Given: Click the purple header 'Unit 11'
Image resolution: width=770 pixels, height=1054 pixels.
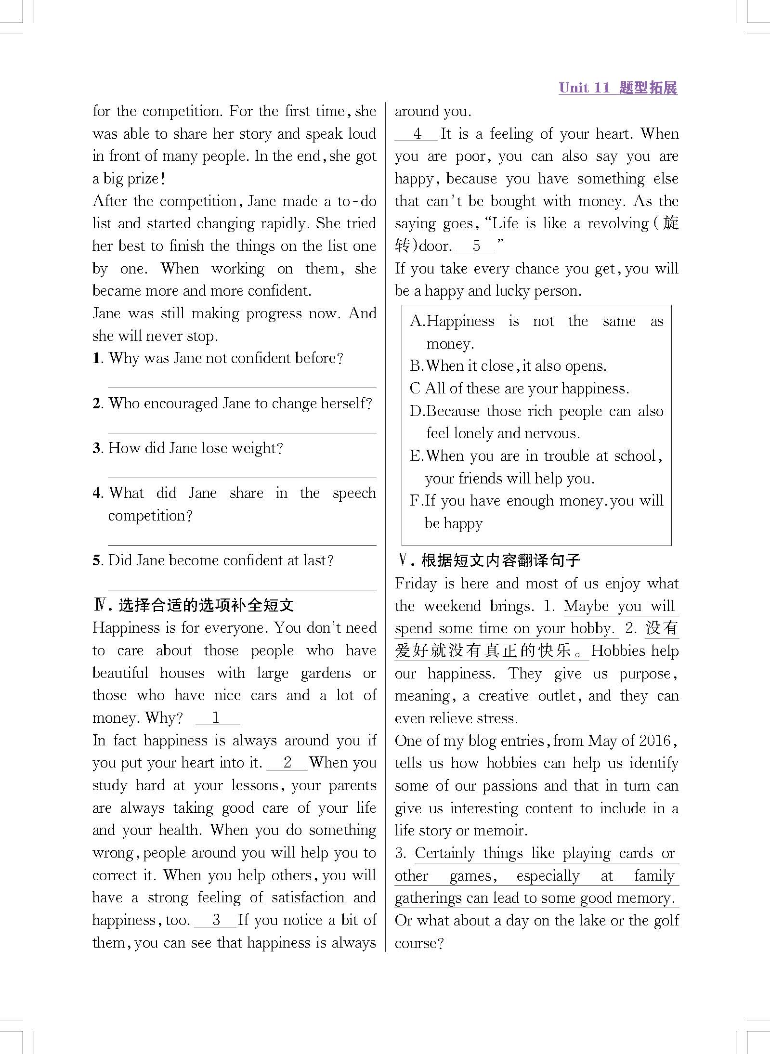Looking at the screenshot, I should click(x=584, y=88).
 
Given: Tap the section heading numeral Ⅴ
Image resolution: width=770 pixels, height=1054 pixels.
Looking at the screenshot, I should click(x=403, y=560).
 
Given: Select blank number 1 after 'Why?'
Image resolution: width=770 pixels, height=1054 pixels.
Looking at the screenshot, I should click(x=217, y=718).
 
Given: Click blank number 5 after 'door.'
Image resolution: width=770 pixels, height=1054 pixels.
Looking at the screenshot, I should click(x=476, y=246).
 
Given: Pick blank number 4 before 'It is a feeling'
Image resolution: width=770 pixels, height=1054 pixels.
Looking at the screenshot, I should click(x=416, y=134).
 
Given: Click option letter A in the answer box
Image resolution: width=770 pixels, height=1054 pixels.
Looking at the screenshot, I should click(x=416, y=322).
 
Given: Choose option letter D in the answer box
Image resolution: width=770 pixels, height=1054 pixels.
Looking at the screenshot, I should click(x=416, y=411).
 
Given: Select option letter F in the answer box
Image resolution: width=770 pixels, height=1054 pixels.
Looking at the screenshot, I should click(x=415, y=501).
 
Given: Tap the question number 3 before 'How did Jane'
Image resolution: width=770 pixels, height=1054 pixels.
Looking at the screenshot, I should click(x=97, y=448).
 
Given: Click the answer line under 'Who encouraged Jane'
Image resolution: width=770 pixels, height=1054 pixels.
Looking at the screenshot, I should click(x=242, y=432).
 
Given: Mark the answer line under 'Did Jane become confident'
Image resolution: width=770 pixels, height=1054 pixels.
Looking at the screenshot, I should click(x=242, y=589).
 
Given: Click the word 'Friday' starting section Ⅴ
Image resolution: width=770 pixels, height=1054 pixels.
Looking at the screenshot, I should click(x=417, y=584).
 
